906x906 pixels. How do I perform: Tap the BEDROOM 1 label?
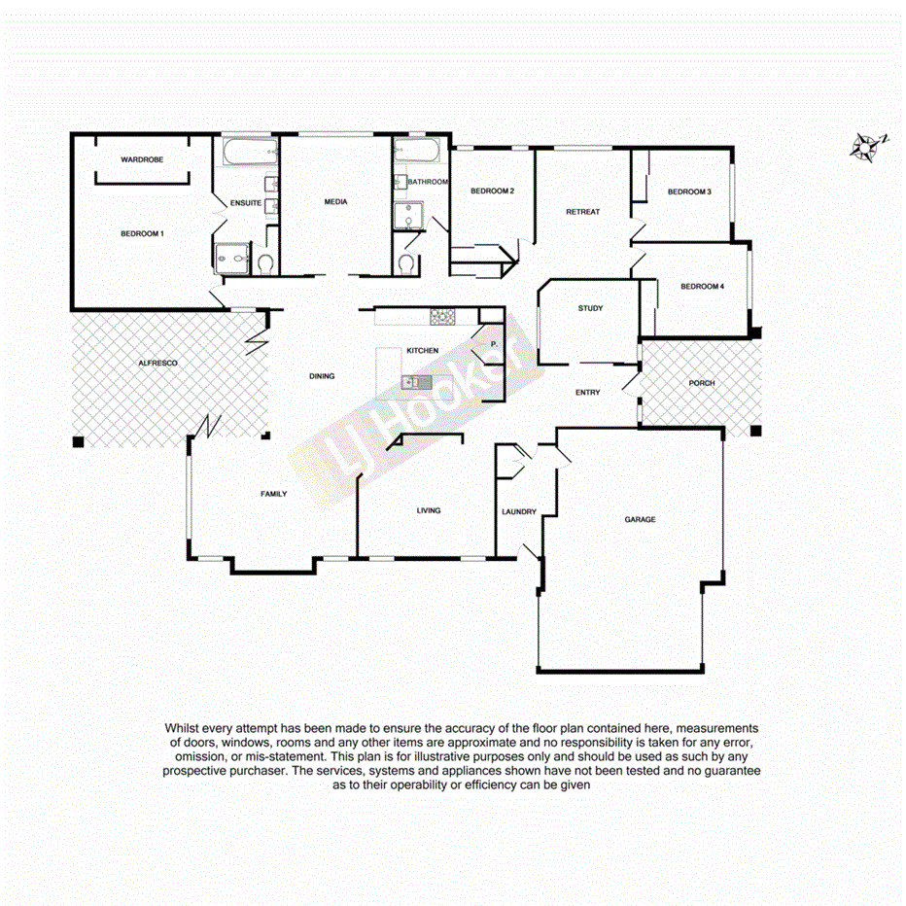coord(142,233)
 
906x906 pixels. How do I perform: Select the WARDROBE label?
coord(141,158)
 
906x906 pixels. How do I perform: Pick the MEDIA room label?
coord(336,202)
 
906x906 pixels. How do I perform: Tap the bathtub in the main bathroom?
coord(418,153)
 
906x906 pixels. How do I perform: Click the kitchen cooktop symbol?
coord(443,316)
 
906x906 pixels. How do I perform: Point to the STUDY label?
coord(590,308)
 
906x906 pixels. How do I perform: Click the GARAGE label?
coord(640,519)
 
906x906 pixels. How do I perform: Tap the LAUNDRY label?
coord(519,511)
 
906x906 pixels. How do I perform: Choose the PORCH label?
coord(701,383)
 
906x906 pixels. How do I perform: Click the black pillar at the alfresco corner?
coord(78,442)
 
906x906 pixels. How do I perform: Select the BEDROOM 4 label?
coord(702,286)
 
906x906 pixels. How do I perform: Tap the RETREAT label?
coord(583,211)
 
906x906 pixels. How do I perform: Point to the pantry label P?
coord(493,344)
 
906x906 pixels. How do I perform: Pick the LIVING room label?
coord(428,510)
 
